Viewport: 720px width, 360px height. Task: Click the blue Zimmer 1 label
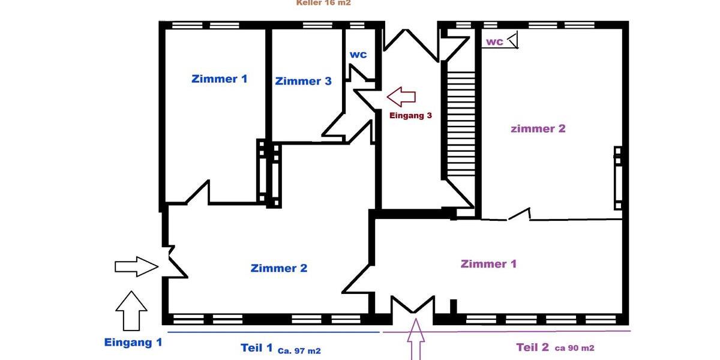(x=219, y=79)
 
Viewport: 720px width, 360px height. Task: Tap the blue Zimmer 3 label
(x=303, y=81)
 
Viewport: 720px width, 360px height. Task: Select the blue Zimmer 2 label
(x=279, y=268)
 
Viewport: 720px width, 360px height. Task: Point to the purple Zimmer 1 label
(x=488, y=264)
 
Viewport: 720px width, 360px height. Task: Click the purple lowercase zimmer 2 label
(x=538, y=128)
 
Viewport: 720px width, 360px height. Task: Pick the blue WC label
(x=358, y=54)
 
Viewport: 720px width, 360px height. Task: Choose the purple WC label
(x=494, y=42)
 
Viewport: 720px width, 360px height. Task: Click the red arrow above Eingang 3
(x=401, y=96)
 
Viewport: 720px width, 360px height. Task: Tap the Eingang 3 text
(x=410, y=115)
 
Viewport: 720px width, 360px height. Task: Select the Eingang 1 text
(x=133, y=343)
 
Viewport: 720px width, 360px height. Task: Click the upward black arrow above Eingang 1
(x=131, y=311)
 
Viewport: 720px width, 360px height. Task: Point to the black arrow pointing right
(x=136, y=266)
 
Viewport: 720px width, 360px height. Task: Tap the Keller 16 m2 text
(x=323, y=3)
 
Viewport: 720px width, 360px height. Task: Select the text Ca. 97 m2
(x=299, y=350)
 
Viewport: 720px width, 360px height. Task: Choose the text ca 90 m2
(x=574, y=348)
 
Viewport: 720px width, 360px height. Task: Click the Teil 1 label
(x=257, y=348)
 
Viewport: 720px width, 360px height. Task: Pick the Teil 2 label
(x=533, y=347)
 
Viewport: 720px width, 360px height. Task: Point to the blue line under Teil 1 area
(x=273, y=332)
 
